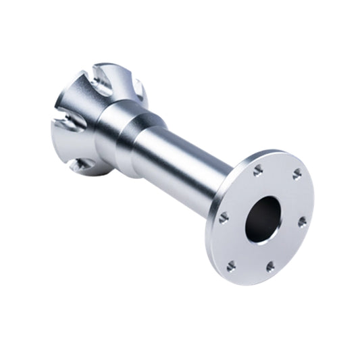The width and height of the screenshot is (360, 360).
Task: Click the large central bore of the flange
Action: pos(263,218)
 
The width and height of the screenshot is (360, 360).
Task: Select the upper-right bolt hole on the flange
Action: pos(296,175)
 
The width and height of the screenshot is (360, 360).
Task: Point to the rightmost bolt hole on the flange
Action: pos(302,221)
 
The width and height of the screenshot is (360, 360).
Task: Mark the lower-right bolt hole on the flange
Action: pos(270,267)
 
